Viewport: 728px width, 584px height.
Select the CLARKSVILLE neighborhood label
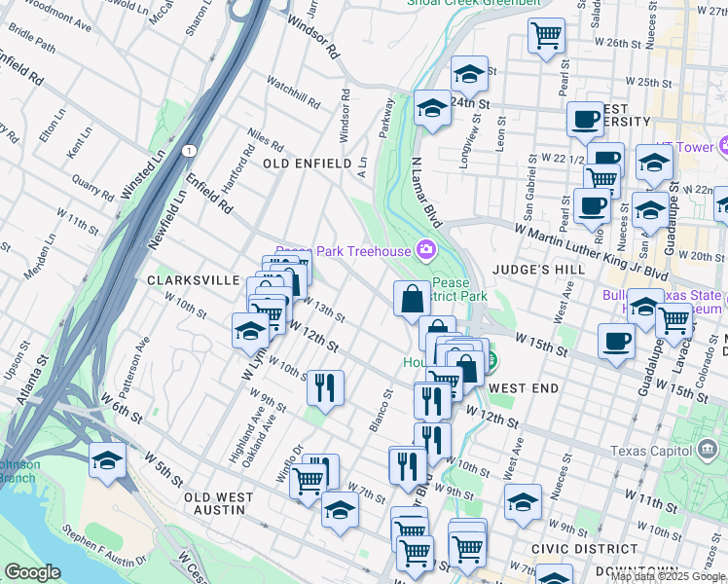pos(193,280)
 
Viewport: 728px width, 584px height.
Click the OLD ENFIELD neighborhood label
pos(307,164)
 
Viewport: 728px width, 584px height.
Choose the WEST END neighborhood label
pos(524,388)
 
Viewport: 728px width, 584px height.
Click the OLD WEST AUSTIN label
pos(219,503)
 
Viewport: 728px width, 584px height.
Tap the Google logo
pos(32,572)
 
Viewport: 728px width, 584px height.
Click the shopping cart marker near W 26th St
pos(547,37)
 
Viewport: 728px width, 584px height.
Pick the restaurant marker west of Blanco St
pos(325,387)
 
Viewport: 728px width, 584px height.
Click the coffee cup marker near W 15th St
pos(615,343)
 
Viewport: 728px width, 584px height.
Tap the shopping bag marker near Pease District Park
pos(412,298)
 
